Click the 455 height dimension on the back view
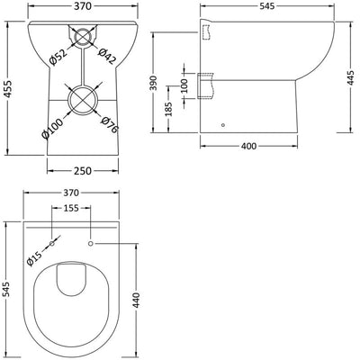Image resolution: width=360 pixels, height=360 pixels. (9, 90)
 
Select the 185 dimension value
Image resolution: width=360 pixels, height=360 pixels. (168, 112)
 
